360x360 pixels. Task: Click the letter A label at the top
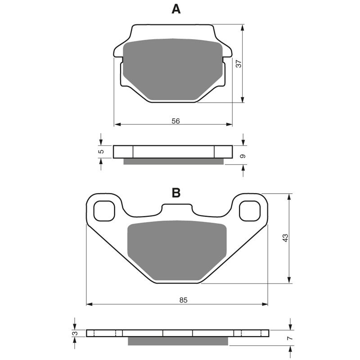pyautogui.click(x=176, y=9)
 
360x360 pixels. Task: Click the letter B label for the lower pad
pyautogui.click(x=176, y=193)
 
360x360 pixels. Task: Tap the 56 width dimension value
pyautogui.click(x=175, y=121)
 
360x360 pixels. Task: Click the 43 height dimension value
pyautogui.click(x=285, y=238)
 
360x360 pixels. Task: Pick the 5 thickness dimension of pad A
pyautogui.click(x=101, y=152)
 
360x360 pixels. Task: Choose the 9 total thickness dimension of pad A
pyautogui.click(x=243, y=156)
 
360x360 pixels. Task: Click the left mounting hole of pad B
pyautogui.click(x=104, y=211)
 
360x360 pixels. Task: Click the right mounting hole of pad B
pyautogui.click(x=249, y=211)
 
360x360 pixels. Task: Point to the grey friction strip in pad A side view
pyautogui.click(x=173, y=161)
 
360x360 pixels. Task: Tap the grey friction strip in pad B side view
pyautogui.click(x=178, y=341)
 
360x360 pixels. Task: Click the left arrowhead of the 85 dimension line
pyautogui.click(x=89, y=304)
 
